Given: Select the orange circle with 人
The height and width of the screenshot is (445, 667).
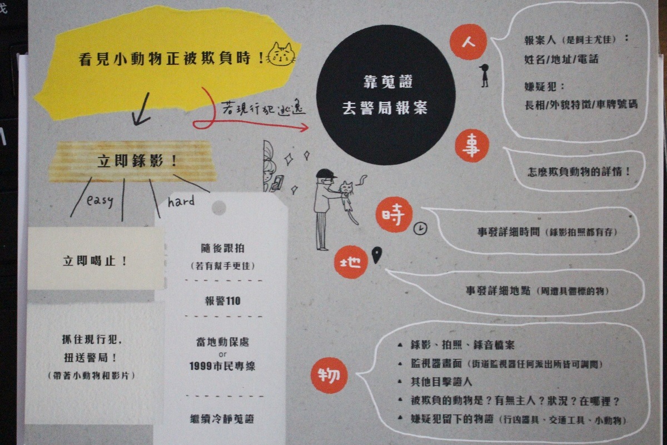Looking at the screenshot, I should (469, 42).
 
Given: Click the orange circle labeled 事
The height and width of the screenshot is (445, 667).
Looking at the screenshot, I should (472, 146).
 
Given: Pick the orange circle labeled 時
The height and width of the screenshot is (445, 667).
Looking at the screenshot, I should (394, 215).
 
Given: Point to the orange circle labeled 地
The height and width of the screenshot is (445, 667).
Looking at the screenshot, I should (351, 262).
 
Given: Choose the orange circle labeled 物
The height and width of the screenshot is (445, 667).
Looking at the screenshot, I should (329, 375).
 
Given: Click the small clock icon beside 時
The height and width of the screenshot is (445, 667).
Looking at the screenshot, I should (421, 228).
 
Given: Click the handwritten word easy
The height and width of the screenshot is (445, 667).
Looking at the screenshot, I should (100, 200).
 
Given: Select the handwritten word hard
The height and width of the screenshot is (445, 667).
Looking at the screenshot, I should (181, 201).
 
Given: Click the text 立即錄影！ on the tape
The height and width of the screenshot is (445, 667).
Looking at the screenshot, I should (137, 162).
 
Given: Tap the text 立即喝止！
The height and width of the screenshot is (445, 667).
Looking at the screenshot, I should (95, 260).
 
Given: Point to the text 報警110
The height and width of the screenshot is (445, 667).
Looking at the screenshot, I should (222, 301).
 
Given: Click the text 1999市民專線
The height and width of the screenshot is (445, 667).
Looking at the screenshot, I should (222, 366).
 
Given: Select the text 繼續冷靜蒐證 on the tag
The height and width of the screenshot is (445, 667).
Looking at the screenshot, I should (222, 418).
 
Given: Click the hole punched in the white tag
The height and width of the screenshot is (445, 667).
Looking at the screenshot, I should (219, 207).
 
